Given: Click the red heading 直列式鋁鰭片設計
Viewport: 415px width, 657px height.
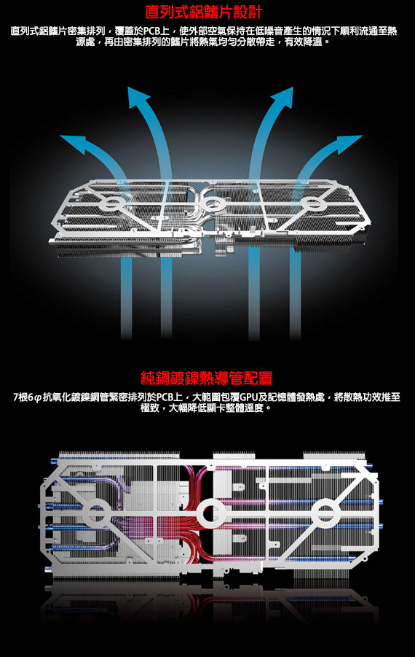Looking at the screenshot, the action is (203, 12).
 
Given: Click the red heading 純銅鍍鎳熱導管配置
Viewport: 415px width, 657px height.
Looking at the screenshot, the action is (207, 378).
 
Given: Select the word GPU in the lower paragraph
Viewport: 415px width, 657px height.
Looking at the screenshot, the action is (248, 397).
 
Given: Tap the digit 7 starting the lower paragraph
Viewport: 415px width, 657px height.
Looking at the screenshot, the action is (16, 397).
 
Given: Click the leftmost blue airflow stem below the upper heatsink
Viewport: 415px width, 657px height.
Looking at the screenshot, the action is (126, 298).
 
